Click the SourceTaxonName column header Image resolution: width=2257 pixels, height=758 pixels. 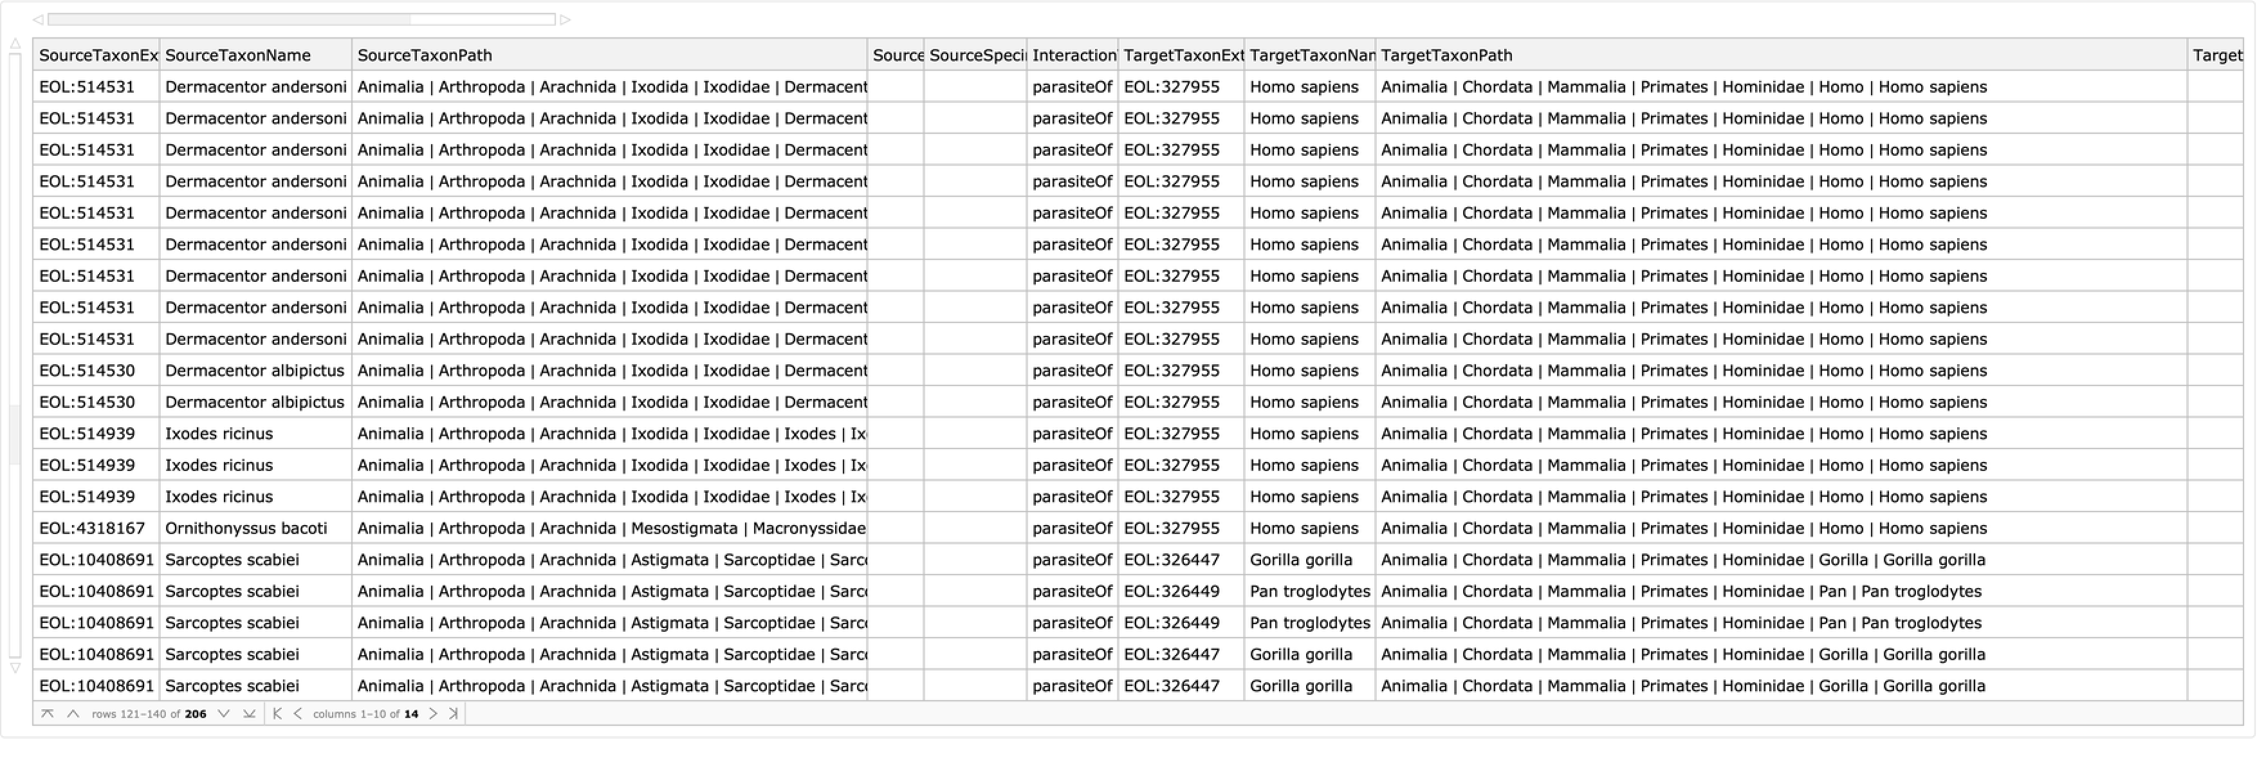[x=237, y=55]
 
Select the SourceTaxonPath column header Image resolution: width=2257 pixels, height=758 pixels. [x=425, y=55]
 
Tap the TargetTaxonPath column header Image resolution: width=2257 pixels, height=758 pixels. [x=1446, y=55]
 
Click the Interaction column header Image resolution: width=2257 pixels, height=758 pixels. [x=1073, y=55]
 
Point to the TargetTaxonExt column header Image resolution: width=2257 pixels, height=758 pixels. [x=1183, y=55]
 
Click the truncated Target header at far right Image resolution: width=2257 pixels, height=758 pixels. [x=2216, y=55]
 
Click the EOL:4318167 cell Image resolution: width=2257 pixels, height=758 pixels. [x=92, y=528]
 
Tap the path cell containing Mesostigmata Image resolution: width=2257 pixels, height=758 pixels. [x=611, y=528]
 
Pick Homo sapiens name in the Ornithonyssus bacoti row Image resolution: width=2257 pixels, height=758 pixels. [x=1304, y=528]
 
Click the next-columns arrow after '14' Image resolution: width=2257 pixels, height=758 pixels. [x=433, y=714]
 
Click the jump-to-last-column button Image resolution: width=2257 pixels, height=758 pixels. [x=453, y=714]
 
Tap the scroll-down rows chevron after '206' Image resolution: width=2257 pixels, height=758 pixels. [x=223, y=714]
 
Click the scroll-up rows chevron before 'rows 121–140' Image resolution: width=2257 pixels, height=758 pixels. [x=73, y=714]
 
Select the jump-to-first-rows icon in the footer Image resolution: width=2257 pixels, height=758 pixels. [x=48, y=714]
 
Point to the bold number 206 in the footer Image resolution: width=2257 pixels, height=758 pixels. [x=196, y=714]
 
